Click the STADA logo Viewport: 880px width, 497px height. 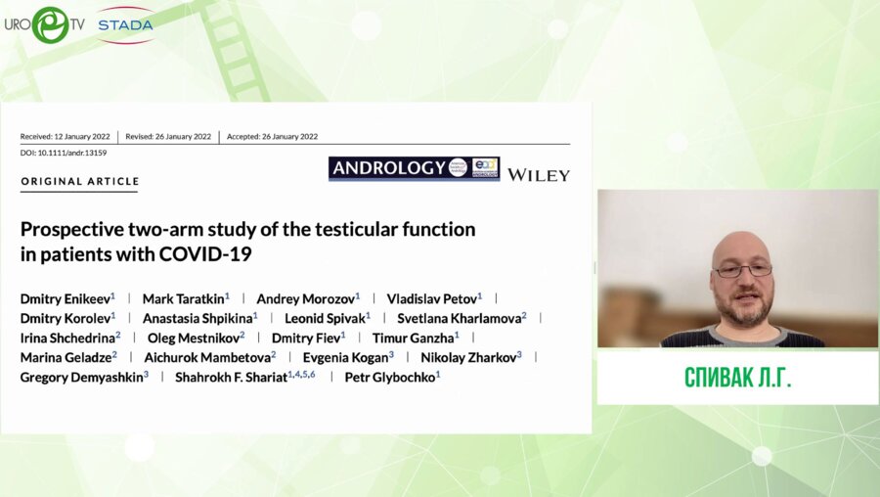coord(125,24)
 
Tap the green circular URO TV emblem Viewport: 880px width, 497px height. coord(51,24)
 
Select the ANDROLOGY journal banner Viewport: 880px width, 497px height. coord(415,168)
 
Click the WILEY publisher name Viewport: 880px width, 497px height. coord(538,175)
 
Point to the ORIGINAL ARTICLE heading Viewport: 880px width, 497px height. coord(80,181)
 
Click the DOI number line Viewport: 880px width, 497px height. coord(64,153)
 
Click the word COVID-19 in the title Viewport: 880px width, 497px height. coord(205,253)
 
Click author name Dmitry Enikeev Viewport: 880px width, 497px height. coord(66,298)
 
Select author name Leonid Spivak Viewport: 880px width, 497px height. coord(325,318)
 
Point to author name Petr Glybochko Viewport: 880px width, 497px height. coord(390,378)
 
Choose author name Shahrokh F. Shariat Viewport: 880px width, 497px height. coord(231,378)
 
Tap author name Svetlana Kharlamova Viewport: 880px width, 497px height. coord(460,318)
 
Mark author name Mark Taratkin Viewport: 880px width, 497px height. coord(184,298)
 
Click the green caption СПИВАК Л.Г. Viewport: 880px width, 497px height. coord(737,378)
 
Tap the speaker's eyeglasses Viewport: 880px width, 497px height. coord(743,271)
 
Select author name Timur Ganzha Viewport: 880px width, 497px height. coord(413,339)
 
